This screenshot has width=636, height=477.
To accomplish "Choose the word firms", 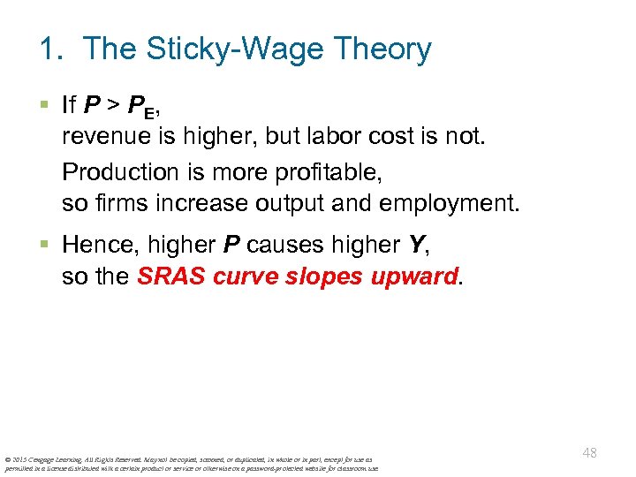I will tap(116, 203).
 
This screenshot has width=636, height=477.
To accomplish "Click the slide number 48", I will tap(590, 453).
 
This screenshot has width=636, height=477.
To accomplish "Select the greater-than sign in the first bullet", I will tap(114, 106).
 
